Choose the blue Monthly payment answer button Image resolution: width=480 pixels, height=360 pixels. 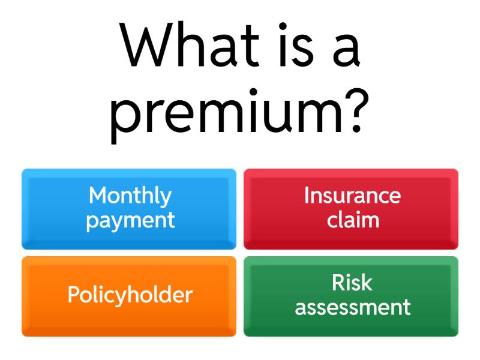(x=129, y=209)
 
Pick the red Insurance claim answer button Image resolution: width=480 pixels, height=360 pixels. (x=351, y=209)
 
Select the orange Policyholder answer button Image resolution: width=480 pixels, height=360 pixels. (x=129, y=296)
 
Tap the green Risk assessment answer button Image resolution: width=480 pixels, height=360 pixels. (x=351, y=296)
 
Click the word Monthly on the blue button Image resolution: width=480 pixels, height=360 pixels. (x=130, y=196)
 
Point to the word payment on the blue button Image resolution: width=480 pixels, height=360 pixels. (x=130, y=221)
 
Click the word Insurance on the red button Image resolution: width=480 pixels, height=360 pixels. (x=352, y=196)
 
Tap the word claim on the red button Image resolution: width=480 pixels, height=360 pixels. (x=353, y=220)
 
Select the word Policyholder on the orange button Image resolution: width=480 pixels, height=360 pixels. (x=130, y=295)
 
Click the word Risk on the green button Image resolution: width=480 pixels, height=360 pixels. (x=352, y=283)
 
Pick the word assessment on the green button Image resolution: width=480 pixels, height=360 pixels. (x=353, y=308)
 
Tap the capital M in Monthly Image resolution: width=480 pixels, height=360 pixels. (x=98, y=196)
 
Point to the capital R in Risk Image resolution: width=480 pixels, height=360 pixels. (x=338, y=283)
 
